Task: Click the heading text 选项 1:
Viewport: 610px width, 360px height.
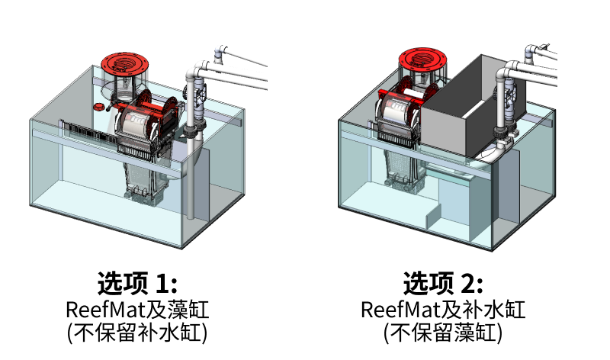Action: [137, 283]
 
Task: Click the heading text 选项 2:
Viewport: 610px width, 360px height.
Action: [443, 283]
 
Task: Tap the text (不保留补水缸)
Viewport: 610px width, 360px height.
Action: [137, 333]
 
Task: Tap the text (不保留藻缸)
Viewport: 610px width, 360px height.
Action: [443, 333]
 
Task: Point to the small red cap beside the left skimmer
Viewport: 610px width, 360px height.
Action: [98, 107]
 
